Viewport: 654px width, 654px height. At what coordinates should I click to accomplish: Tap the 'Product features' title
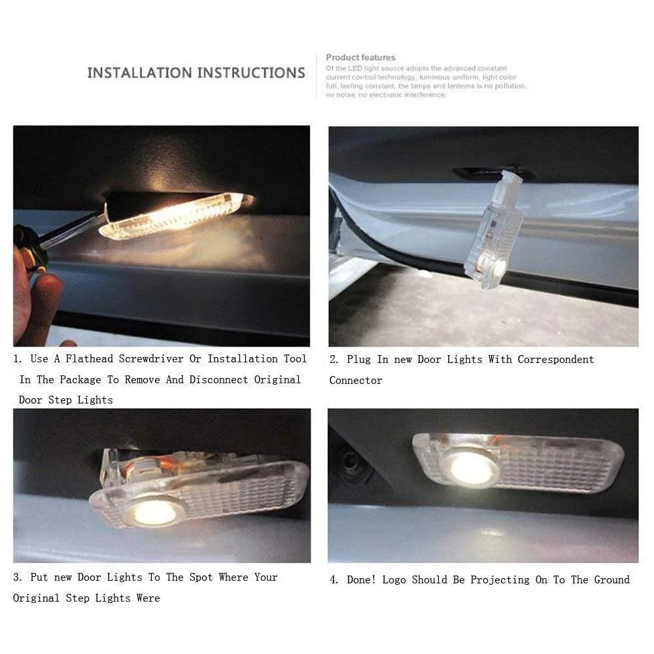tap(360, 58)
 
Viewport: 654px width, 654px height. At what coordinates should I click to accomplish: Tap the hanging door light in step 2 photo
tap(494, 232)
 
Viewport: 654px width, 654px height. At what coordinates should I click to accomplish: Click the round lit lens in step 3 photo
tap(154, 511)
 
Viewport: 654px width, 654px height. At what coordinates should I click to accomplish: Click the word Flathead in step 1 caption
tap(90, 359)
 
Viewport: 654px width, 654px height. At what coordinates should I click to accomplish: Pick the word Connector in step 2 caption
tap(356, 380)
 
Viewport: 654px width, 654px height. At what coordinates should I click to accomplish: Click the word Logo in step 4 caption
tap(394, 579)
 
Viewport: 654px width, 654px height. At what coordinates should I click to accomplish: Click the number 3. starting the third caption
tap(18, 577)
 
